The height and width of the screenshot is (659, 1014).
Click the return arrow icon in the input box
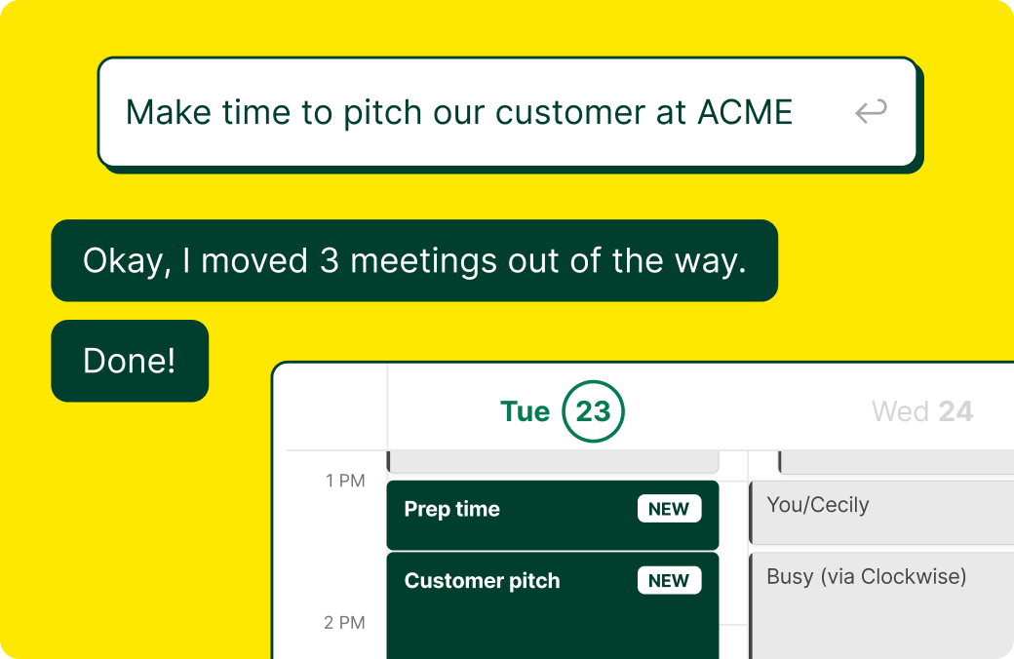coord(871,111)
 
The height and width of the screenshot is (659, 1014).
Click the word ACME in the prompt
coord(745,112)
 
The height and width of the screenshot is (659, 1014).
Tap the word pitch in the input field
coord(378,112)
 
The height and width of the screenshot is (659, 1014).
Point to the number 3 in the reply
coord(328,260)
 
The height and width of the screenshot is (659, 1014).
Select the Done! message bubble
coord(130,361)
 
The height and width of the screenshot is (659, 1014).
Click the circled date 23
coord(593,411)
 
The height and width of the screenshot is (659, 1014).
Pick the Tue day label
coord(525,411)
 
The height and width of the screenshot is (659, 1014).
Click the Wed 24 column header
coord(921,411)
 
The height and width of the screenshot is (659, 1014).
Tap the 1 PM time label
coord(345,480)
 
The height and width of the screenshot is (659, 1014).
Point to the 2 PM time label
coord(345,622)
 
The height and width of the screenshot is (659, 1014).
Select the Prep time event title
coord(451,509)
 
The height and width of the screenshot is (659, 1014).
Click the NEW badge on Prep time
coord(669,509)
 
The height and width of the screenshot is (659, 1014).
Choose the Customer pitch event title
coord(482,581)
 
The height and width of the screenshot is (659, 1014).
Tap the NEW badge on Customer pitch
coord(669,581)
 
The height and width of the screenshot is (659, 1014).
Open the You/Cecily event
coord(817,505)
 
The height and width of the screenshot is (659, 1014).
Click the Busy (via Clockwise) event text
coord(866,576)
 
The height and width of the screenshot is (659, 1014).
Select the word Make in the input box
coord(169,112)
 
